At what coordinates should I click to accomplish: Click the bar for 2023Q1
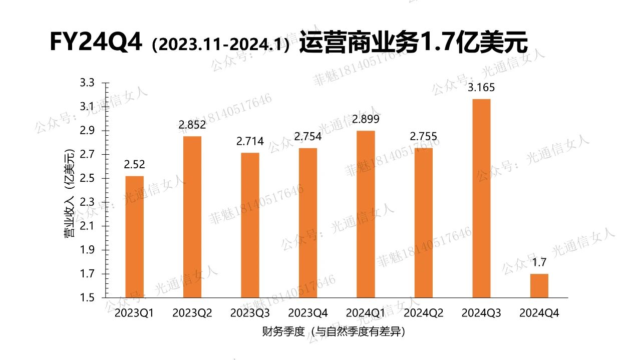pyautogui.click(x=134, y=237)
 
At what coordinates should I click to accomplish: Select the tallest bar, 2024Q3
pyautogui.click(x=481, y=198)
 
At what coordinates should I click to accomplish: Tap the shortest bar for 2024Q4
pyautogui.click(x=539, y=285)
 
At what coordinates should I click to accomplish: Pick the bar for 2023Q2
pyautogui.click(x=192, y=217)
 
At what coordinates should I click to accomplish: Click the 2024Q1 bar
pyautogui.click(x=366, y=214)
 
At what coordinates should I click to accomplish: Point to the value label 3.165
pyautogui.click(x=481, y=88)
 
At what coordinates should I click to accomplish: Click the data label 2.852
pyautogui.click(x=192, y=125)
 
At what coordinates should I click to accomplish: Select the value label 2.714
pyautogui.click(x=250, y=142)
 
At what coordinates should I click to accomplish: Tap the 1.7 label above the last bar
pyautogui.click(x=539, y=262)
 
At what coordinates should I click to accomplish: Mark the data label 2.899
pyautogui.click(x=366, y=120)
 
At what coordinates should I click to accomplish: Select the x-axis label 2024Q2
pyautogui.click(x=424, y=313)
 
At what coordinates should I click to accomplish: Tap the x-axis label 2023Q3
pyautogui.click(x=250, y=313)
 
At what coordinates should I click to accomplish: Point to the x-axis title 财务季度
pyautogui.click(x=283, y=332)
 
